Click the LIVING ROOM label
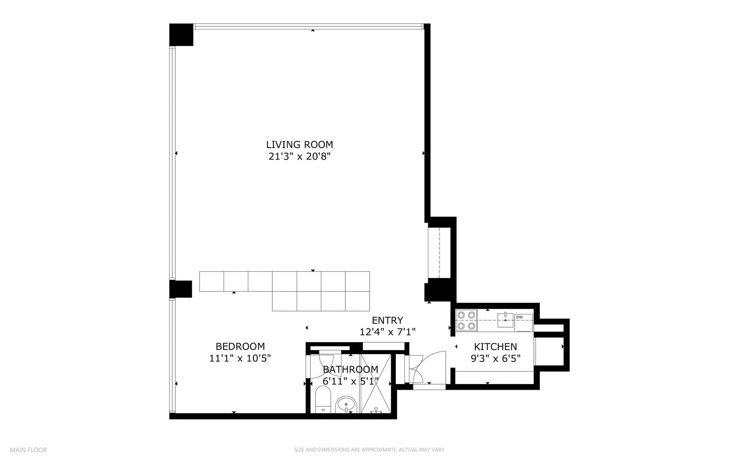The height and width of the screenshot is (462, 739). coord(299,145)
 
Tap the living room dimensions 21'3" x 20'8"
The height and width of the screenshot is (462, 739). coord(299,157)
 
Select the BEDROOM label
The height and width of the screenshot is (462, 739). coord(240,346)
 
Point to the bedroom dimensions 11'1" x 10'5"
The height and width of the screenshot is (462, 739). coord(240,358)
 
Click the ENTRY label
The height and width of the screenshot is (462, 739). coord(387,320)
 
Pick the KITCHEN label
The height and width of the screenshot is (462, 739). coord(495,347)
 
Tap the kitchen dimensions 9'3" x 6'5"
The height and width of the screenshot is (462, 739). coord(495,359)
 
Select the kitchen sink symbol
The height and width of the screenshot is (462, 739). coord(505,320)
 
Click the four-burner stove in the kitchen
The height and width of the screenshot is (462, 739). coord(466,320)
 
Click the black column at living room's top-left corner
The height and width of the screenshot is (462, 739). coord(181,35)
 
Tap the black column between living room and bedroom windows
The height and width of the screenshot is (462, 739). coord(180,289)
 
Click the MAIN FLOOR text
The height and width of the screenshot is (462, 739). coord(28,450)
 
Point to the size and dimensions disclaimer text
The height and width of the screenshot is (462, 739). coord(369,450)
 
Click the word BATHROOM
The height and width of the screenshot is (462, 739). coord(350,369)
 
